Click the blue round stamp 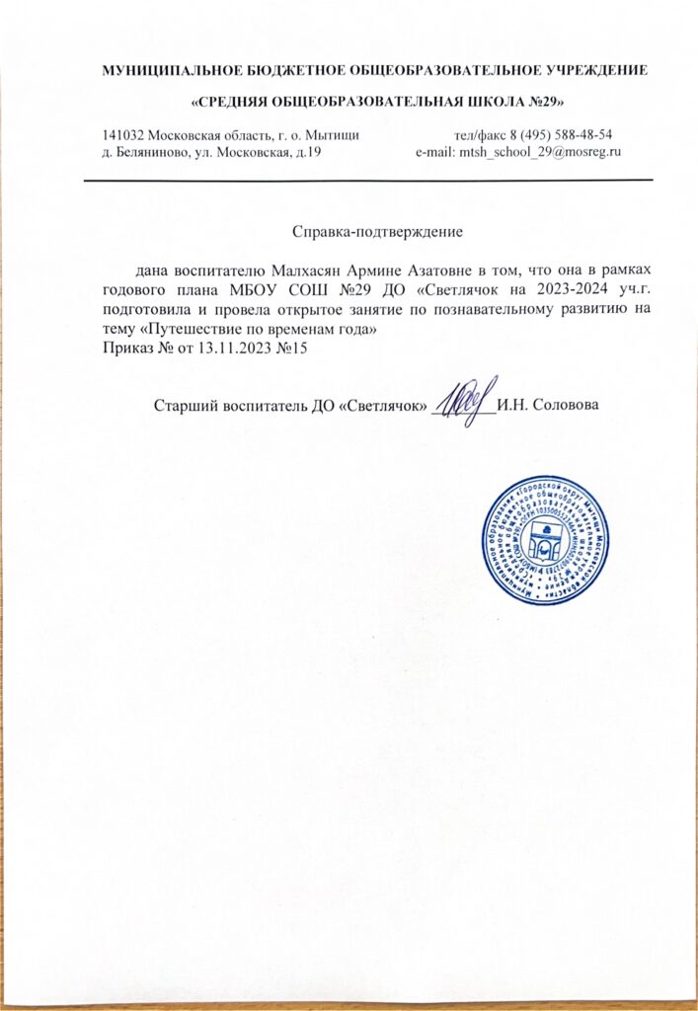coord(541,542)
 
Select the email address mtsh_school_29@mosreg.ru coord(539,152)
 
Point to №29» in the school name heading coord(544,102)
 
